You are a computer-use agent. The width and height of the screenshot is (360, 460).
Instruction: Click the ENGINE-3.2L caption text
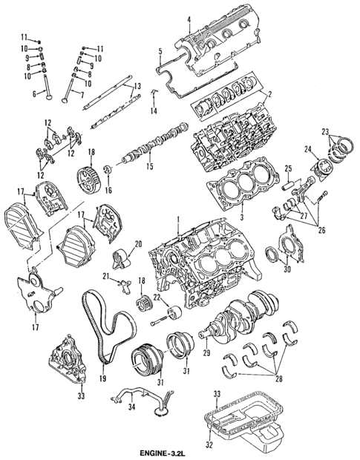(179, 452)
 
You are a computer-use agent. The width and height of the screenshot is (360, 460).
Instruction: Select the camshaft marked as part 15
(148, 146)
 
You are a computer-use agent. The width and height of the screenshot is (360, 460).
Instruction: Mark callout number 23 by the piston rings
(324, 131)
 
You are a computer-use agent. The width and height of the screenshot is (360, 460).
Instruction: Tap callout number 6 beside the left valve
(34, 94)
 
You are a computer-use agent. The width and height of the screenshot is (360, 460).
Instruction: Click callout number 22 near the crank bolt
(157, 298)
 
